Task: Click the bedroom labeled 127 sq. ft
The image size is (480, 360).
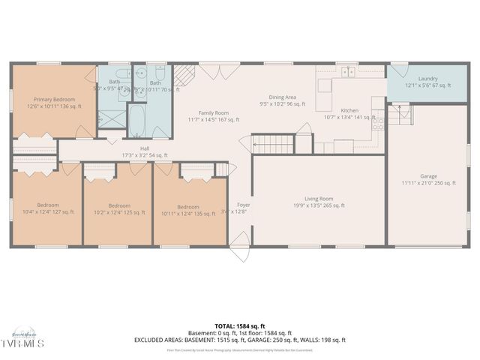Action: [46, 208]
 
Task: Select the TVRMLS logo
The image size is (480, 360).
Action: [22, 343]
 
